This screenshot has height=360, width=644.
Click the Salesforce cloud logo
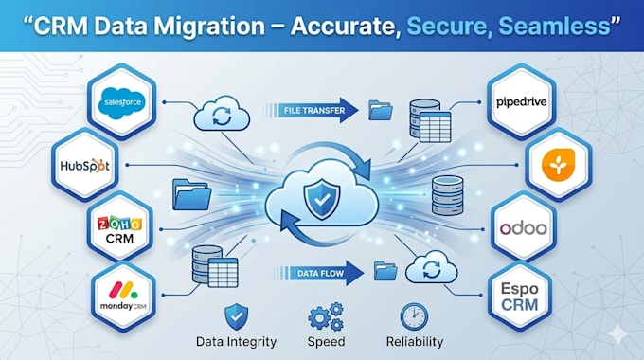pos(122,102)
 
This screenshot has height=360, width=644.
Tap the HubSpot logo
pos(85,166)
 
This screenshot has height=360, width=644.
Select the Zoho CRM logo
pos(119,229)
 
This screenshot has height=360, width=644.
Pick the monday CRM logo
pos(123,296)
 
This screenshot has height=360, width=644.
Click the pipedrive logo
pos(521,102)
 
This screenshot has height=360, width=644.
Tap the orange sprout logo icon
pos(558,165)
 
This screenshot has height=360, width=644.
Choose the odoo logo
pos(523,228)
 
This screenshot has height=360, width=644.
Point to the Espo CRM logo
pos(520,297)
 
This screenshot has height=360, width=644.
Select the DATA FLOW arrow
pos(318,273)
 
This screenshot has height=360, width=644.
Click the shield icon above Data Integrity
pos(236,316)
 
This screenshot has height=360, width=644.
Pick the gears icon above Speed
pos(326,316)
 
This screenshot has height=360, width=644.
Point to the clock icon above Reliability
pos(414,316)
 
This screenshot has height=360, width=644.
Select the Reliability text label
pos(415,341)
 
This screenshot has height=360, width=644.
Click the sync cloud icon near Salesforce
pos(222,114)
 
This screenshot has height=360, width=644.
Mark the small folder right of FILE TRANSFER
pos(381,110)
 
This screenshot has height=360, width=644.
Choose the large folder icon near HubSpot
pos(192,194)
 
